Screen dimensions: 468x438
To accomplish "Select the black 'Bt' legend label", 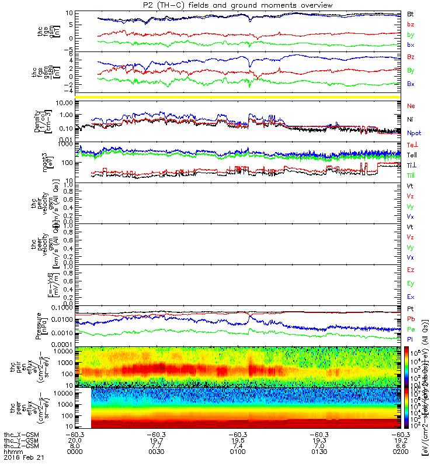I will pos(411,13).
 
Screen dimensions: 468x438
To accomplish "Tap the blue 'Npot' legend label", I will pos(413,133).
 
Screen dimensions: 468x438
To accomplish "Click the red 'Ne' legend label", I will pos(411,106).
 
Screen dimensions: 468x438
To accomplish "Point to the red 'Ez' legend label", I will pos(411,270).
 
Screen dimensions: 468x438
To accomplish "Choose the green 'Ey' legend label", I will pos(411,284).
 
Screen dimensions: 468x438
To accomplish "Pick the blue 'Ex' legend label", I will pos(411,297).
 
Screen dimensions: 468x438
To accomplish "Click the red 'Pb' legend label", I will pos(411,319).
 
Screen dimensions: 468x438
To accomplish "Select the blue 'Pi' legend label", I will pos(411,339).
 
